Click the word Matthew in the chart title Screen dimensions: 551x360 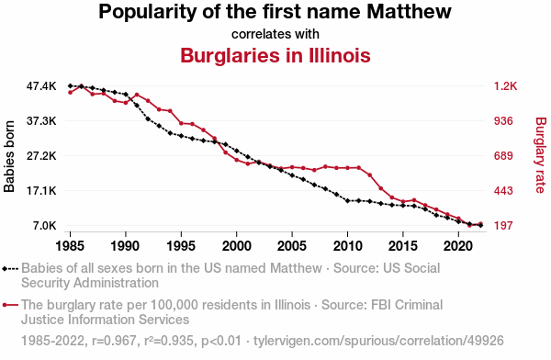(x=409, y=11)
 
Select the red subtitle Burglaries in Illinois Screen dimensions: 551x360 (x=275, y=55)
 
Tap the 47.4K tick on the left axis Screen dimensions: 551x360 (x=41, y=85)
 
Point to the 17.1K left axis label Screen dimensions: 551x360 (x=41, y=190)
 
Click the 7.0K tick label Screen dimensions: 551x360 (x=45, y=225)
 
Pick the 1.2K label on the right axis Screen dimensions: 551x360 (x=505, y=85)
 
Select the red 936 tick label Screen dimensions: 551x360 (x=503, y=121)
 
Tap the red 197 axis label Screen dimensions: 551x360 (x=503, y=225)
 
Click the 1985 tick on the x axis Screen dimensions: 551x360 (x=70, y=245)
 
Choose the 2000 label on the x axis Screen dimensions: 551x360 (x=237, y=245)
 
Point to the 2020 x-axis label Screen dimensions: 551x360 (x=458, y=245)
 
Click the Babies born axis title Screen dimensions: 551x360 (x=9, y=156)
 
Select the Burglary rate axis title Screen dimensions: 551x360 (x=541, y=155)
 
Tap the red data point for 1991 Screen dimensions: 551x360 (x=137, y=95)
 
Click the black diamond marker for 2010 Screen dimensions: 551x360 (x=347, y=201)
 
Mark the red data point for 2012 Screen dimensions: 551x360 (x=370, y=174)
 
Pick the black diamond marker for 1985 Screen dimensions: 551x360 (x=71, y=85)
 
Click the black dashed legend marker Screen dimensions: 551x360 (x=10, y=269)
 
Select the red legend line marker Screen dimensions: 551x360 (x=10, y=305)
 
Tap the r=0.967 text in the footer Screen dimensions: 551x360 (x=114, y=341)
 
